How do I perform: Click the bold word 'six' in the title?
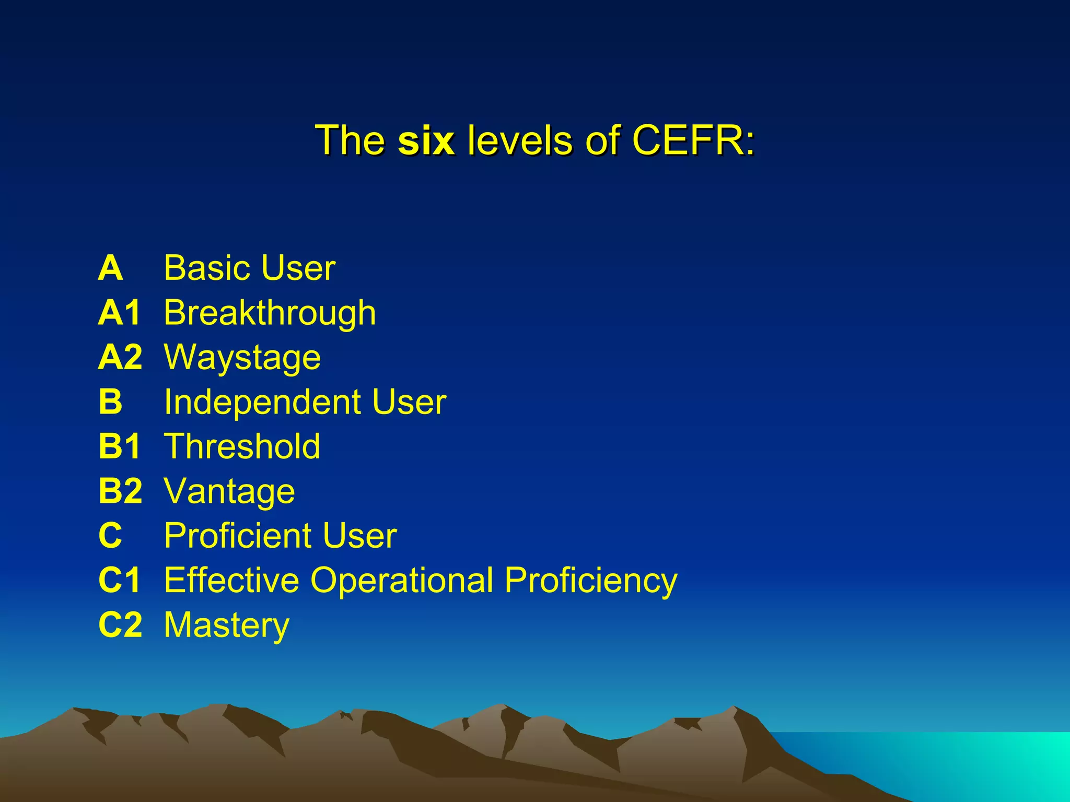[x=426, y=141]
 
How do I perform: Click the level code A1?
[x=120, y=313]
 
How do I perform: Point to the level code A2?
[x=120, y=357]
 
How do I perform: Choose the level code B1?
[x=120, y=446]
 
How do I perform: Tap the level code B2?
[x=120, y=491]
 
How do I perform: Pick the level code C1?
[x=120, y=580]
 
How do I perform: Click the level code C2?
[x=120, y=624]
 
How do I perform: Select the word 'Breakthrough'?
[x=270, y=313]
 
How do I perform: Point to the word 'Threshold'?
[x=242, y=446]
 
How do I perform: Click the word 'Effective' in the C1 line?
[x=230, y=580]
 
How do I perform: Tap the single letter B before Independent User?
[x=110, y=402]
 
